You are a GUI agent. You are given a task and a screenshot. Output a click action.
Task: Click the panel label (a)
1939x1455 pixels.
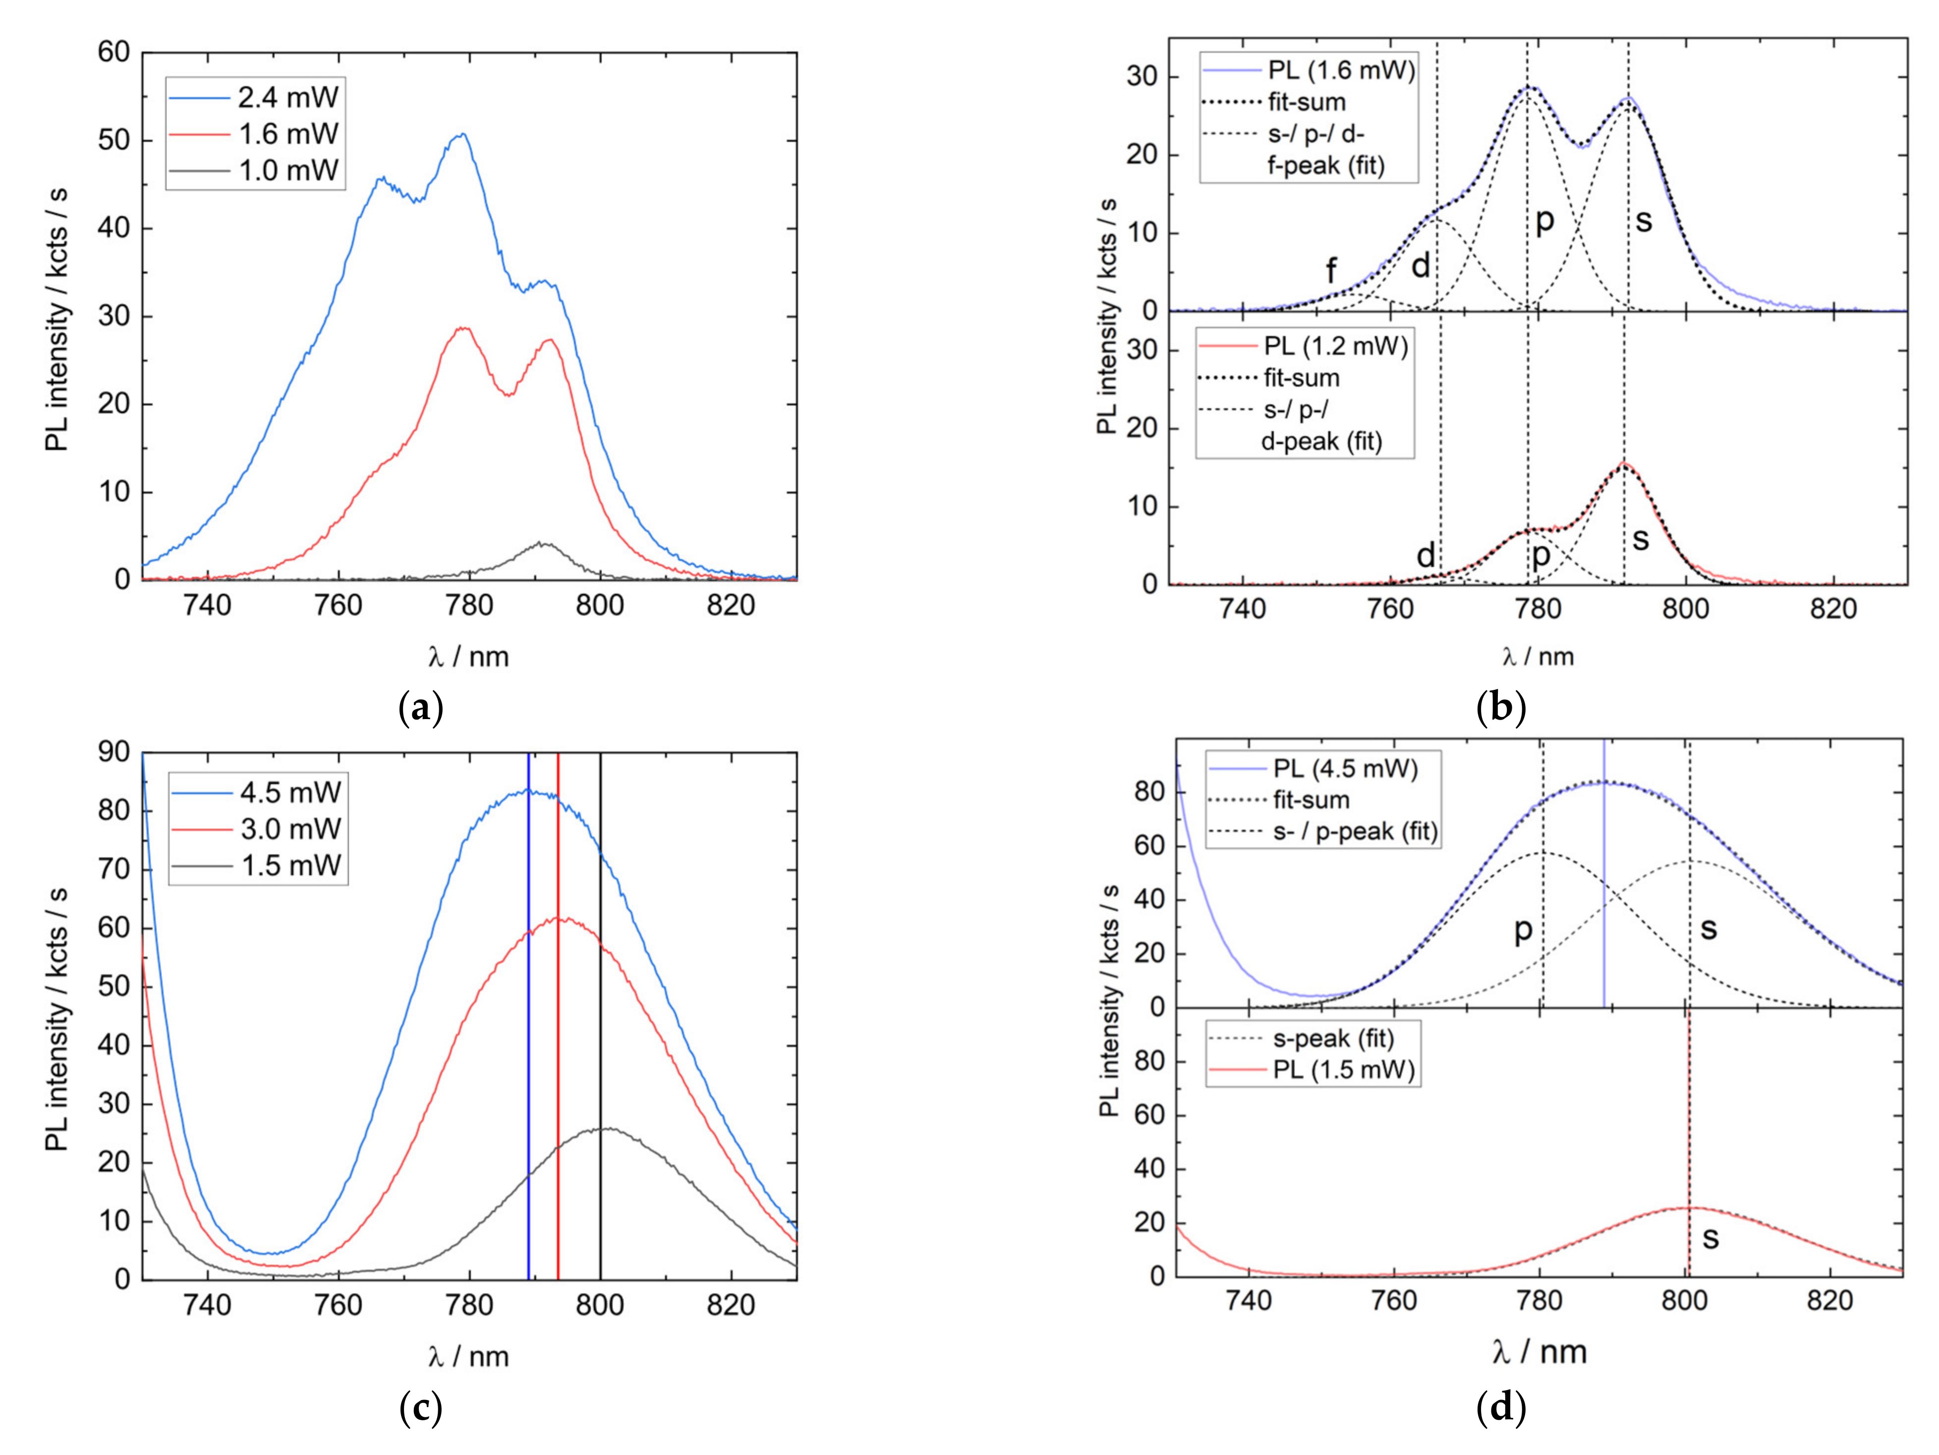[x=421, y=707]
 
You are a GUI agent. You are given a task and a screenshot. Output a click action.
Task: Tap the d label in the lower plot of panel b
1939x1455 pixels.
[x=1426, y=555]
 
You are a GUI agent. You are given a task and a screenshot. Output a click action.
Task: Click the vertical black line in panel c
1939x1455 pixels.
[x=600, y=1008]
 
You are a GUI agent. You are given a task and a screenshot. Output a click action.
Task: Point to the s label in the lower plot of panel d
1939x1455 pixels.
[x=1710, y=1237]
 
